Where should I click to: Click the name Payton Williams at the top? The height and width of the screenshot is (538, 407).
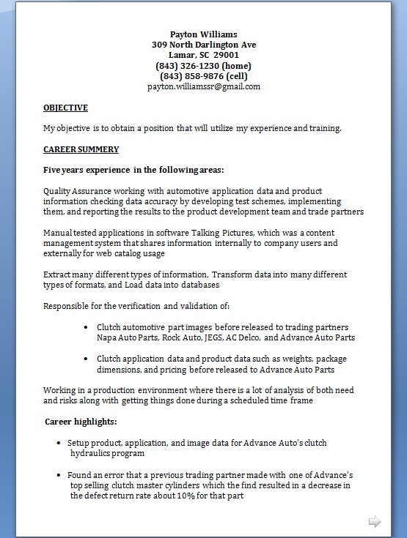[203, 34]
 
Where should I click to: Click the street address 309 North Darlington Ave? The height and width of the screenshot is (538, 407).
[203, 45]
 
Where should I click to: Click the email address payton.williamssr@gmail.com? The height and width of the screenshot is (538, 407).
[203, 86]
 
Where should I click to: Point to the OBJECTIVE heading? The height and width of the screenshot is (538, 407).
[65, 108]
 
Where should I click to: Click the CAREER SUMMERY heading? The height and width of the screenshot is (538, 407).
[81, 149]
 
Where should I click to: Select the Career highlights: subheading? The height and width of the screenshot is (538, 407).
[81, 422]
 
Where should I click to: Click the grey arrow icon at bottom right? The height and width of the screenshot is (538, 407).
[374, 521]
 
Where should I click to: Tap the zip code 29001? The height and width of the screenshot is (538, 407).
[226, 55]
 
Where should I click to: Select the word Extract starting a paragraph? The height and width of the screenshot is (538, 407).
[58, 274]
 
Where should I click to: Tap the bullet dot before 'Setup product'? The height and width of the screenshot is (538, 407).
[59, 444]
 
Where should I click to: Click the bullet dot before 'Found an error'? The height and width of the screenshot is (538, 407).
[59, 475]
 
